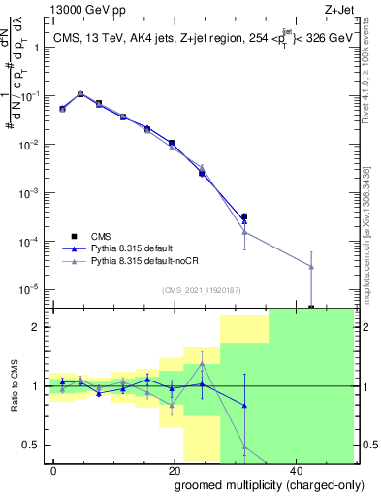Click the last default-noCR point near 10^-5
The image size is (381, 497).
click(311, 266)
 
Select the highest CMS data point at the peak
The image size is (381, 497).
click(80, 94)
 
